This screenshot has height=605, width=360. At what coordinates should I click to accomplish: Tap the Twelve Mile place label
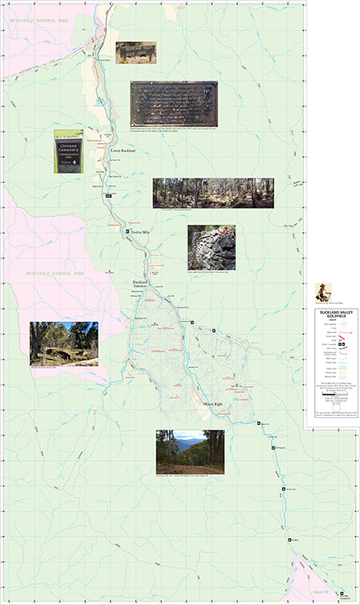[142, 233]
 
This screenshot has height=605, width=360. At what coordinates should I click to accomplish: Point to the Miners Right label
[214, 404]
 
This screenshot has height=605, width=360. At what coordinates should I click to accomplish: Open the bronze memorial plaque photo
[174, 104]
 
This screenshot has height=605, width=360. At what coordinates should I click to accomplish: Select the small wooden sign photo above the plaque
[135, 52]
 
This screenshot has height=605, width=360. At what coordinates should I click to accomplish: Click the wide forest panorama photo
[213, 193]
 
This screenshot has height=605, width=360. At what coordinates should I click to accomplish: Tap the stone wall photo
[211, 246]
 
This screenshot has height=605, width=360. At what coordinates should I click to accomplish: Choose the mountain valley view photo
[189, 450]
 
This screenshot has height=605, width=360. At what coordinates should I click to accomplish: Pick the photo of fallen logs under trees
[63, 342]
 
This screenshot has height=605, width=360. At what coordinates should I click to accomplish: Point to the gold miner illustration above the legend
[322, 292]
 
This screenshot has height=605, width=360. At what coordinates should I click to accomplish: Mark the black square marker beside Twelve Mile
[127, 233]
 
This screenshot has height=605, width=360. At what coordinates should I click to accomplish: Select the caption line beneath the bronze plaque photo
[174, 129]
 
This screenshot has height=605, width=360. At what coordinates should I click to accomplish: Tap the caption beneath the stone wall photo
[211, 272]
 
